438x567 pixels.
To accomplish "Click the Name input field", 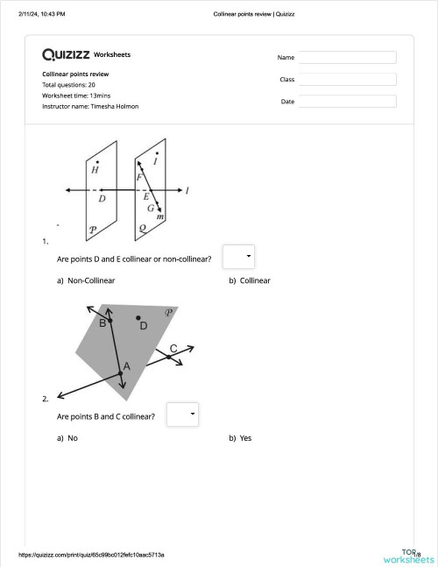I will [x=347, y=57].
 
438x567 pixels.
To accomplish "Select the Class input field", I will [x=347, y=79].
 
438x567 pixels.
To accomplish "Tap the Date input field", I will [x=347, y=101].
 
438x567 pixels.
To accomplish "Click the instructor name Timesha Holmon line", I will [x=90, y=106].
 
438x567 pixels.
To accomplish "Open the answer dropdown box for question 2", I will [x=182, y=414].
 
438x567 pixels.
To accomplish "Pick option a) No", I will [x=67, y=437].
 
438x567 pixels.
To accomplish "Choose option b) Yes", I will [x=240, y=437].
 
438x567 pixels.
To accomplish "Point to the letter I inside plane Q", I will [x=155, y=162].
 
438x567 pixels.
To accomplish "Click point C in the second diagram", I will [x=169, y=356].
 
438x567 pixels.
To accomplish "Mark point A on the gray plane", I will [x=121, y=373].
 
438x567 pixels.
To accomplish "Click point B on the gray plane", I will [x=110, y=322].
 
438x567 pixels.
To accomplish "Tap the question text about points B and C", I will [x=106, y=416].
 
